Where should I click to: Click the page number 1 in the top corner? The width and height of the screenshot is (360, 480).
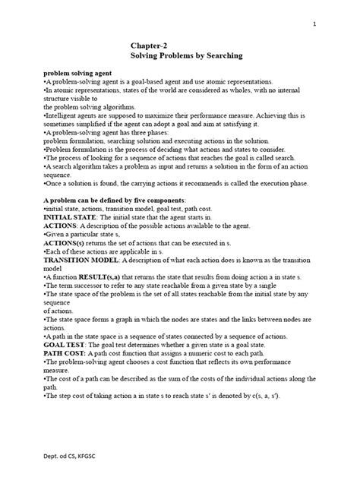pos(314,24)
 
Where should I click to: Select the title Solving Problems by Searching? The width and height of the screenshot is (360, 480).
pos(180,57)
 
